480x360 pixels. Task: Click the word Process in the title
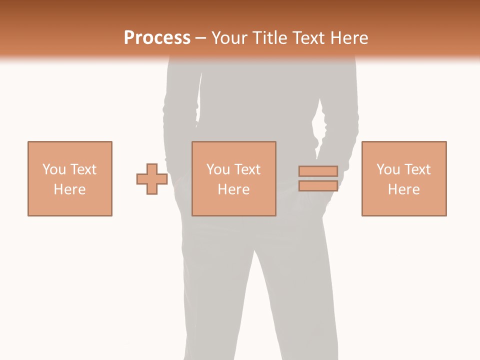pyautogui.click(x=157, y=38)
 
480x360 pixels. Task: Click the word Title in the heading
pyautogui.click(x=270, y=38)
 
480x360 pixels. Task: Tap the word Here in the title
pyautogui.click(x=348, y=38)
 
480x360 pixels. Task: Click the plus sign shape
pyautogui.click(x=152, y=179)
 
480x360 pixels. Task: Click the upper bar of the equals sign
pyautogui.click(x=318, y=171)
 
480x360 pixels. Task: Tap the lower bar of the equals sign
pyautogui.click(x=318, y=186)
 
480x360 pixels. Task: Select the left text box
pyautogui.click(x=70, y=150)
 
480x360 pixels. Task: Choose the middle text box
pyautogui.click(x=234, y=150)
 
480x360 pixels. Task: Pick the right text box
pyautogui.click(x=404, y=150)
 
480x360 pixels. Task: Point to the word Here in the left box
pyautogui.click(x=70, y=189)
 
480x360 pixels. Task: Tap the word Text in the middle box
pyautogui.click(x=247, y=169)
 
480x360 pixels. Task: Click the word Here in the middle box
pyautogui.click(x=234, y=189)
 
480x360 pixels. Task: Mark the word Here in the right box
pyautogui.click(x=404, y=189)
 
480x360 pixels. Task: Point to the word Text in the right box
pyautogui.click(x=417, y=169)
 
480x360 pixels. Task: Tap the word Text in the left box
pyautogui.click(x=83, y=169)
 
